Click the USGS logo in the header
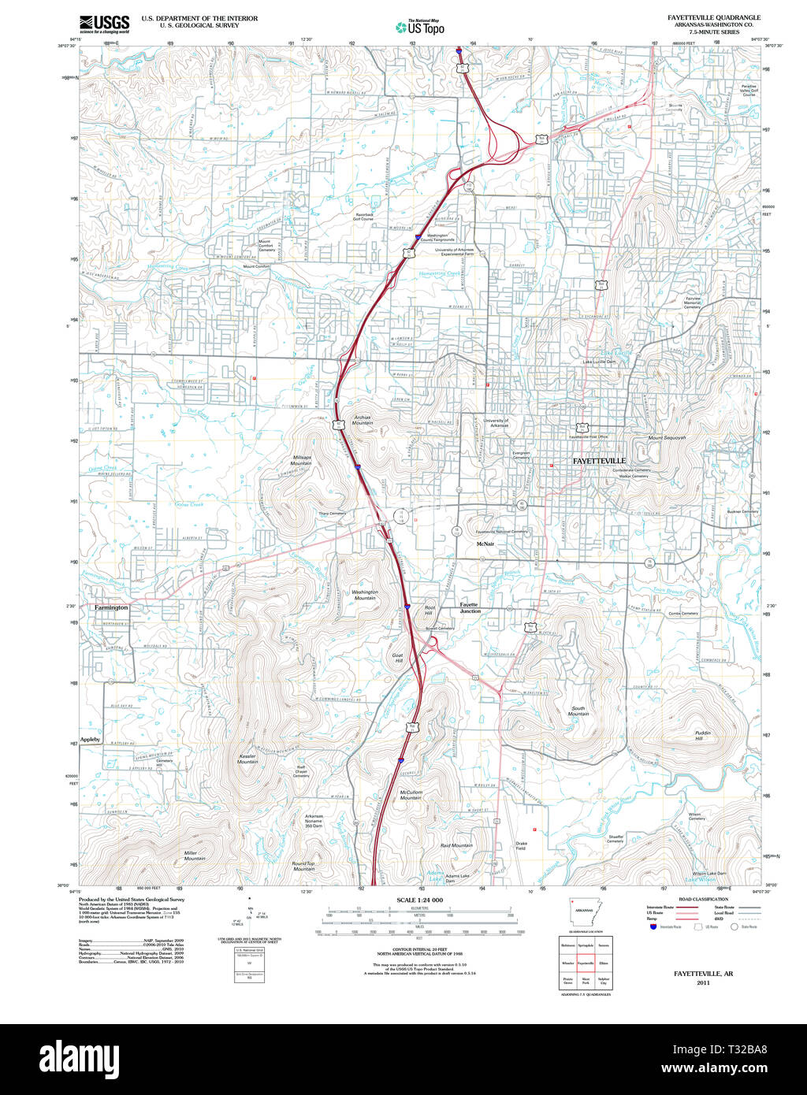pos(104,24)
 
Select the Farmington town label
pos(110,608)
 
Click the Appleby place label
pos(91,740)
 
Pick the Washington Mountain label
pos(364,595)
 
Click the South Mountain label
pos(578,711)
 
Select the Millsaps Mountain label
pos(302,460)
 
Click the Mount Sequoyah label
pos(667,437)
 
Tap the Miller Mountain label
pos(195,856)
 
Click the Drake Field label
pos(521,845)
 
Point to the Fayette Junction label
pos(470,607)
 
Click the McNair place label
pos(485,544)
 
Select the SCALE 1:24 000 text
pos(419,900)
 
